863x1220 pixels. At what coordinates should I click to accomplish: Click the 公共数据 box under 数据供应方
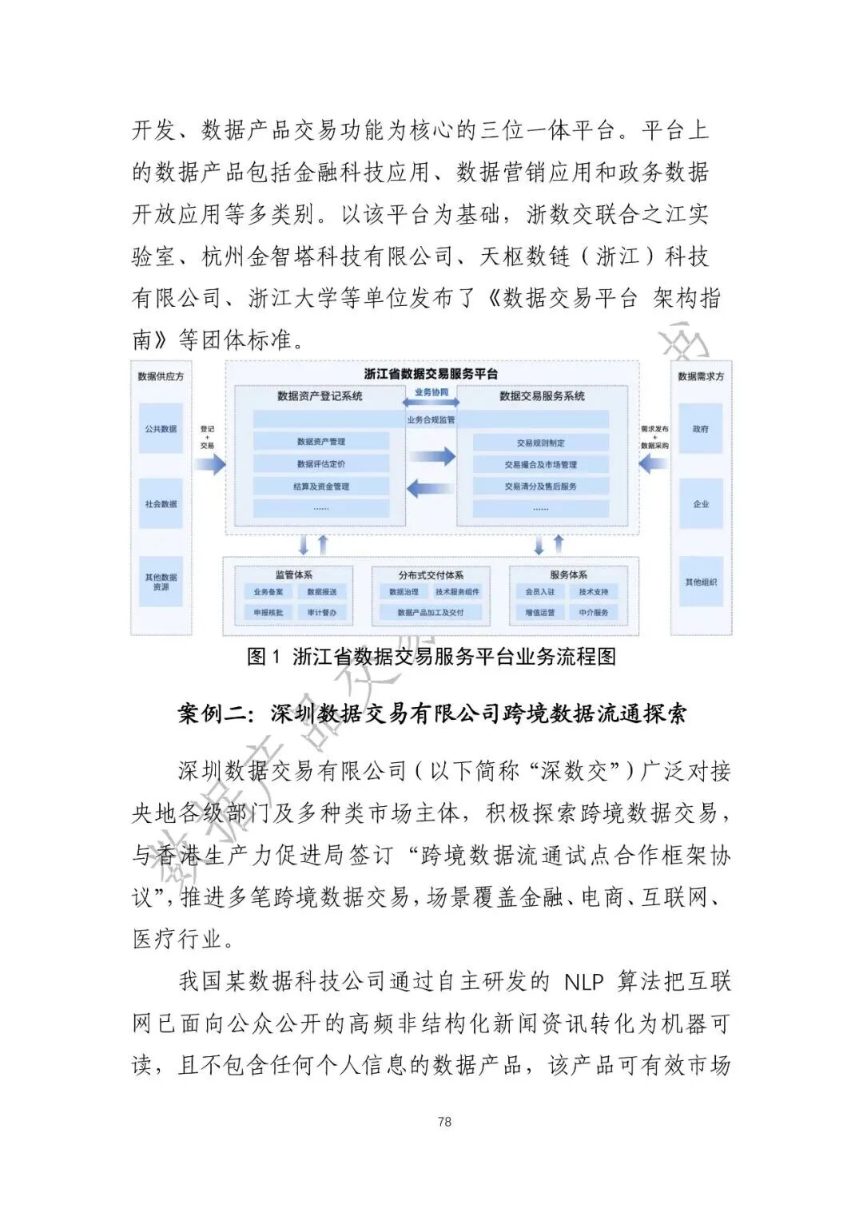click(161, 429)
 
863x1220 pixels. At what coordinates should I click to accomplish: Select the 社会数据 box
click(161, 504)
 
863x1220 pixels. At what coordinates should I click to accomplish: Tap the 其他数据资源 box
click(161, 582)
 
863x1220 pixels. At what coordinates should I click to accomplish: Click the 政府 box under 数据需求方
click(701, 429)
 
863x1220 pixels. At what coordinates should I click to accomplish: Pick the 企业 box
click(701, 504)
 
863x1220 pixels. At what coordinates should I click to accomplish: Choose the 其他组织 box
click(701, 582)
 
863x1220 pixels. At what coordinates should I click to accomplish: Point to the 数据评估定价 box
click(321, 464)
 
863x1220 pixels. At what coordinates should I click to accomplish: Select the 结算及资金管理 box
click(321, 486)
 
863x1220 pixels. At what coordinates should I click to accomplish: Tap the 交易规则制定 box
click(540, 443)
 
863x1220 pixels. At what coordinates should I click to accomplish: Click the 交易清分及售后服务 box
click(540, 486)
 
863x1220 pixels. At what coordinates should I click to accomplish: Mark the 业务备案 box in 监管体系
click(268, 592)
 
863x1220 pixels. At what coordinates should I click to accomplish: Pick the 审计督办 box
click(322, 612)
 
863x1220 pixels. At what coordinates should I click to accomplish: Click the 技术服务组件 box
click(458, 592)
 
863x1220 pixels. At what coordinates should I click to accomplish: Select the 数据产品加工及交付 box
click(431, 612)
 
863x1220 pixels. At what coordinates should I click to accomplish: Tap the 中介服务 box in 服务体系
click(594, 612)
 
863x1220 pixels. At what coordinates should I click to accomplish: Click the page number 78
click(444, 1122)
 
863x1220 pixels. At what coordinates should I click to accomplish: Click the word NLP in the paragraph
click(583, 981)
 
